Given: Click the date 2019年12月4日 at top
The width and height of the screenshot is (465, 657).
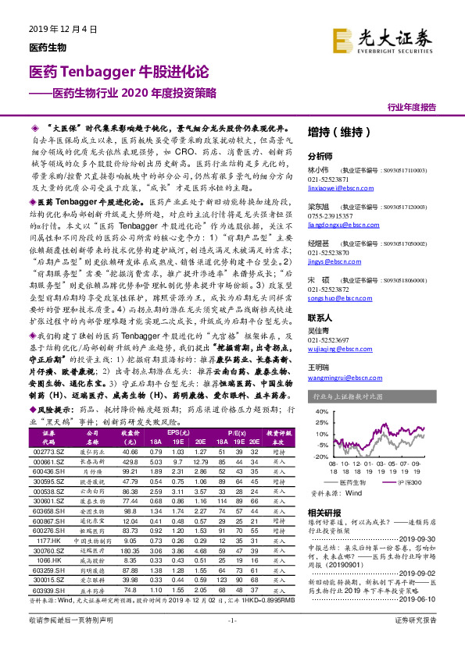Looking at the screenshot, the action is pyautogui.click(x=63, y=30).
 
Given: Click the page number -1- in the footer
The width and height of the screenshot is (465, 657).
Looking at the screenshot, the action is pyautogui.click(x=232, y=641).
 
